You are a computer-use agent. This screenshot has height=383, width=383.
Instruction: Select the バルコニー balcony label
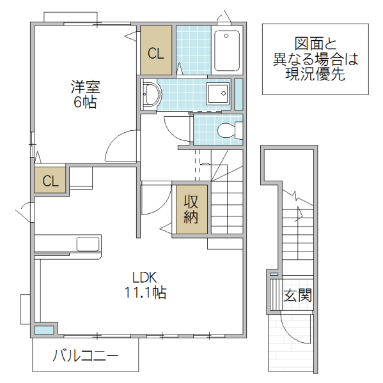point(85,356)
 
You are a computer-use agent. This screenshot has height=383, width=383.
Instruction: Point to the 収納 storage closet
point(191,209)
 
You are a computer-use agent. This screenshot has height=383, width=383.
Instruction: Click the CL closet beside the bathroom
point(156,52)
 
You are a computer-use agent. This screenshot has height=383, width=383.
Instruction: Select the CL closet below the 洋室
point(51,181)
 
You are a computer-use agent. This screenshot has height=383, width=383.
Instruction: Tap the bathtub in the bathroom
point(226,51)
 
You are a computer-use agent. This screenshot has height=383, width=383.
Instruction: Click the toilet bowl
point(226,131)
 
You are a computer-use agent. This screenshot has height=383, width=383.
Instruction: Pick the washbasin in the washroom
point(152,94)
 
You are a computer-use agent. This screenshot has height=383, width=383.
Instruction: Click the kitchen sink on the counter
point(88,244)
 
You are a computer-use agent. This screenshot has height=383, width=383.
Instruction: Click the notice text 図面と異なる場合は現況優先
point(315,59)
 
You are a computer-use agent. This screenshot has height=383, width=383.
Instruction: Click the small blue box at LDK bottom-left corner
point(44,330)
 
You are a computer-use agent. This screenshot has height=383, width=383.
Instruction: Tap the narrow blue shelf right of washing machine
point(238,94)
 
